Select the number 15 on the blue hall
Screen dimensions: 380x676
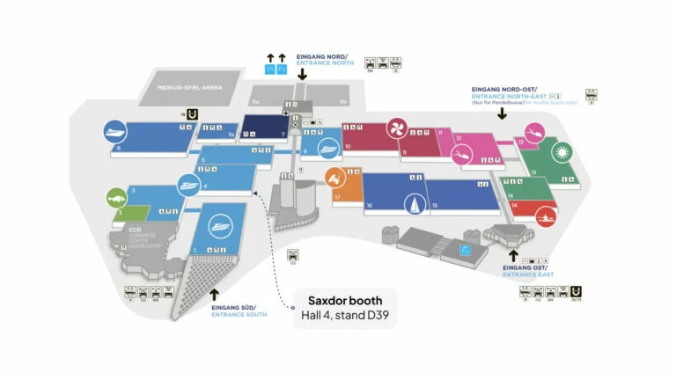click(436, 206)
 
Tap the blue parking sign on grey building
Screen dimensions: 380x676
click(466, 250)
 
